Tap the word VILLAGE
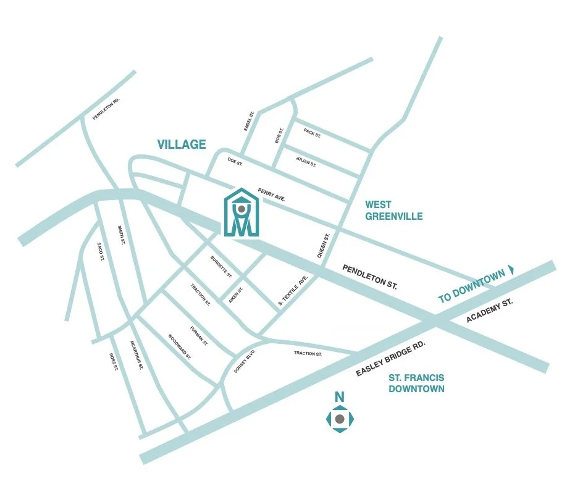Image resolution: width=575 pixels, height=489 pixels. (x=181, y=144)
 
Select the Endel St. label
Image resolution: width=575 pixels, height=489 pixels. (x=250, y=120)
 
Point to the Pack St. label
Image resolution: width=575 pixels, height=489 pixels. (x=312, y=133)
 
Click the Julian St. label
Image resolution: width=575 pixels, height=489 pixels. (x=306, y=163)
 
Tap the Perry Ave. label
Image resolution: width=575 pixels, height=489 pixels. (x=271, y=194)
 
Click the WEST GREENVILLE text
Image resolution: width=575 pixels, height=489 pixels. (x=393, y=210)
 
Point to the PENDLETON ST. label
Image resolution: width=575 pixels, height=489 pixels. (x=370, y=278)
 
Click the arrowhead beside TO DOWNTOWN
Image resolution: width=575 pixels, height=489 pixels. (x=510, y=271)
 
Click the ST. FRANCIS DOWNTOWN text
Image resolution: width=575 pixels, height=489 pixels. (x=416, y=383)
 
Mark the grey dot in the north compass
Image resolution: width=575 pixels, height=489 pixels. (x=339, y=419)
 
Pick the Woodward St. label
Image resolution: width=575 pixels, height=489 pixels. (x=180, y=347)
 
